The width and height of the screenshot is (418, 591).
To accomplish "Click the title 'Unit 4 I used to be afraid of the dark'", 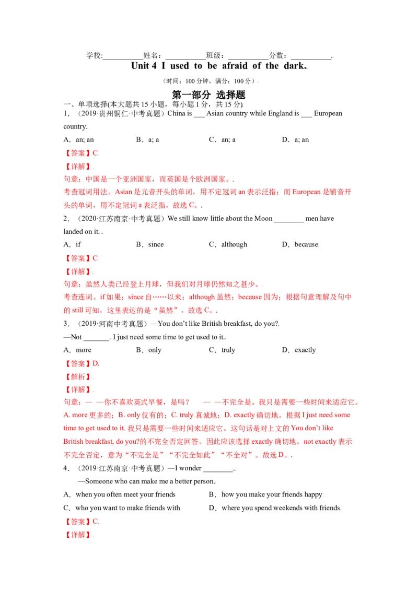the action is (x=219, y=66).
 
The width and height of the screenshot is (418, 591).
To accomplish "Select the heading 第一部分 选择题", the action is (x=208, y=94).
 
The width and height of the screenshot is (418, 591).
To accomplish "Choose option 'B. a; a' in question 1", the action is (x=147, y=140).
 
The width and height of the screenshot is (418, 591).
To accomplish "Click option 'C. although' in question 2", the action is (x=228, y=245).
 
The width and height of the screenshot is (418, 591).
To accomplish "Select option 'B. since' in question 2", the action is (x=150, y=245).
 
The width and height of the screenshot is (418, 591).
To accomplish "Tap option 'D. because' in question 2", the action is (x=300, y=245).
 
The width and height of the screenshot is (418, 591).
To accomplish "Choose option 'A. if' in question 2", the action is (x=72, y=245).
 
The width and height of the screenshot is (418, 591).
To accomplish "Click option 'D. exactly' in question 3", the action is (x=299, y=350).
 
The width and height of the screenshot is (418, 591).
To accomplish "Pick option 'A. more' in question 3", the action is (x=77, y=350).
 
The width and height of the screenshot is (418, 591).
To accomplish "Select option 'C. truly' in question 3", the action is (x=222, y=350).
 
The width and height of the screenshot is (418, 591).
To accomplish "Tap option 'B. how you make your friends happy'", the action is (x=265, y=494).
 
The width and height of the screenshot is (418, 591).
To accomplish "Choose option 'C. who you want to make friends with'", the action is (x=121, y=508).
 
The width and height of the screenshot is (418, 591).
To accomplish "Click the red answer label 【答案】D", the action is (x=81, y=364).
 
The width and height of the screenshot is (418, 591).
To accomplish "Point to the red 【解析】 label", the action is (x=77, y=377).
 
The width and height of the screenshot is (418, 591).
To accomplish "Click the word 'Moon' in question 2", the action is (x=263, y=219).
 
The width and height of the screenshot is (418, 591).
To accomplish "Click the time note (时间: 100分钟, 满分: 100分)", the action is (x=208, y=81).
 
